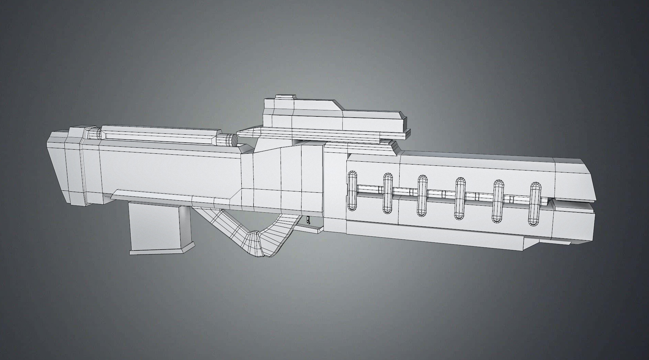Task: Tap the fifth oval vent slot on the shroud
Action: pyautogui.click(x=498, y=201)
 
